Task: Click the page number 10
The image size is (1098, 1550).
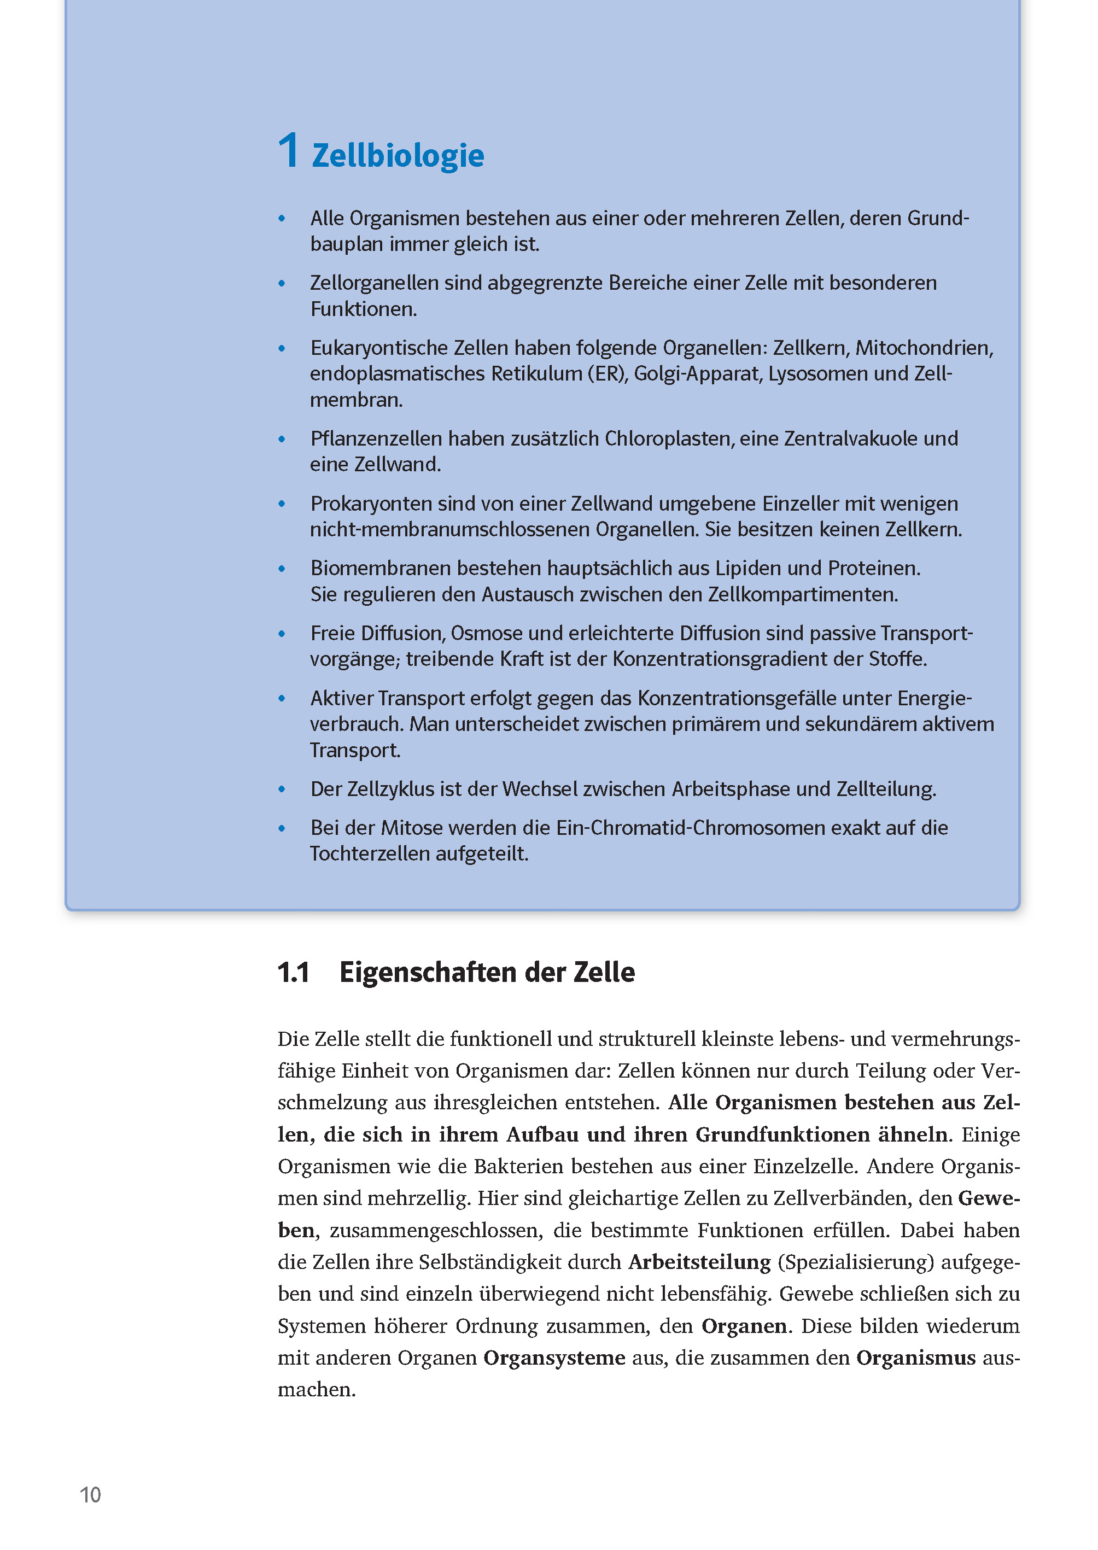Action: pos(90,1495)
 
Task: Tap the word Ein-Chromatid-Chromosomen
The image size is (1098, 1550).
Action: pos(690,828)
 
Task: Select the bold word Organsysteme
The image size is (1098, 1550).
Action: pos(554,1358)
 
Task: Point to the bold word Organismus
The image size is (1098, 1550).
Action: pos(915,1358)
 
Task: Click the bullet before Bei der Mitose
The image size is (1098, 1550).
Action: pos(282,829)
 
